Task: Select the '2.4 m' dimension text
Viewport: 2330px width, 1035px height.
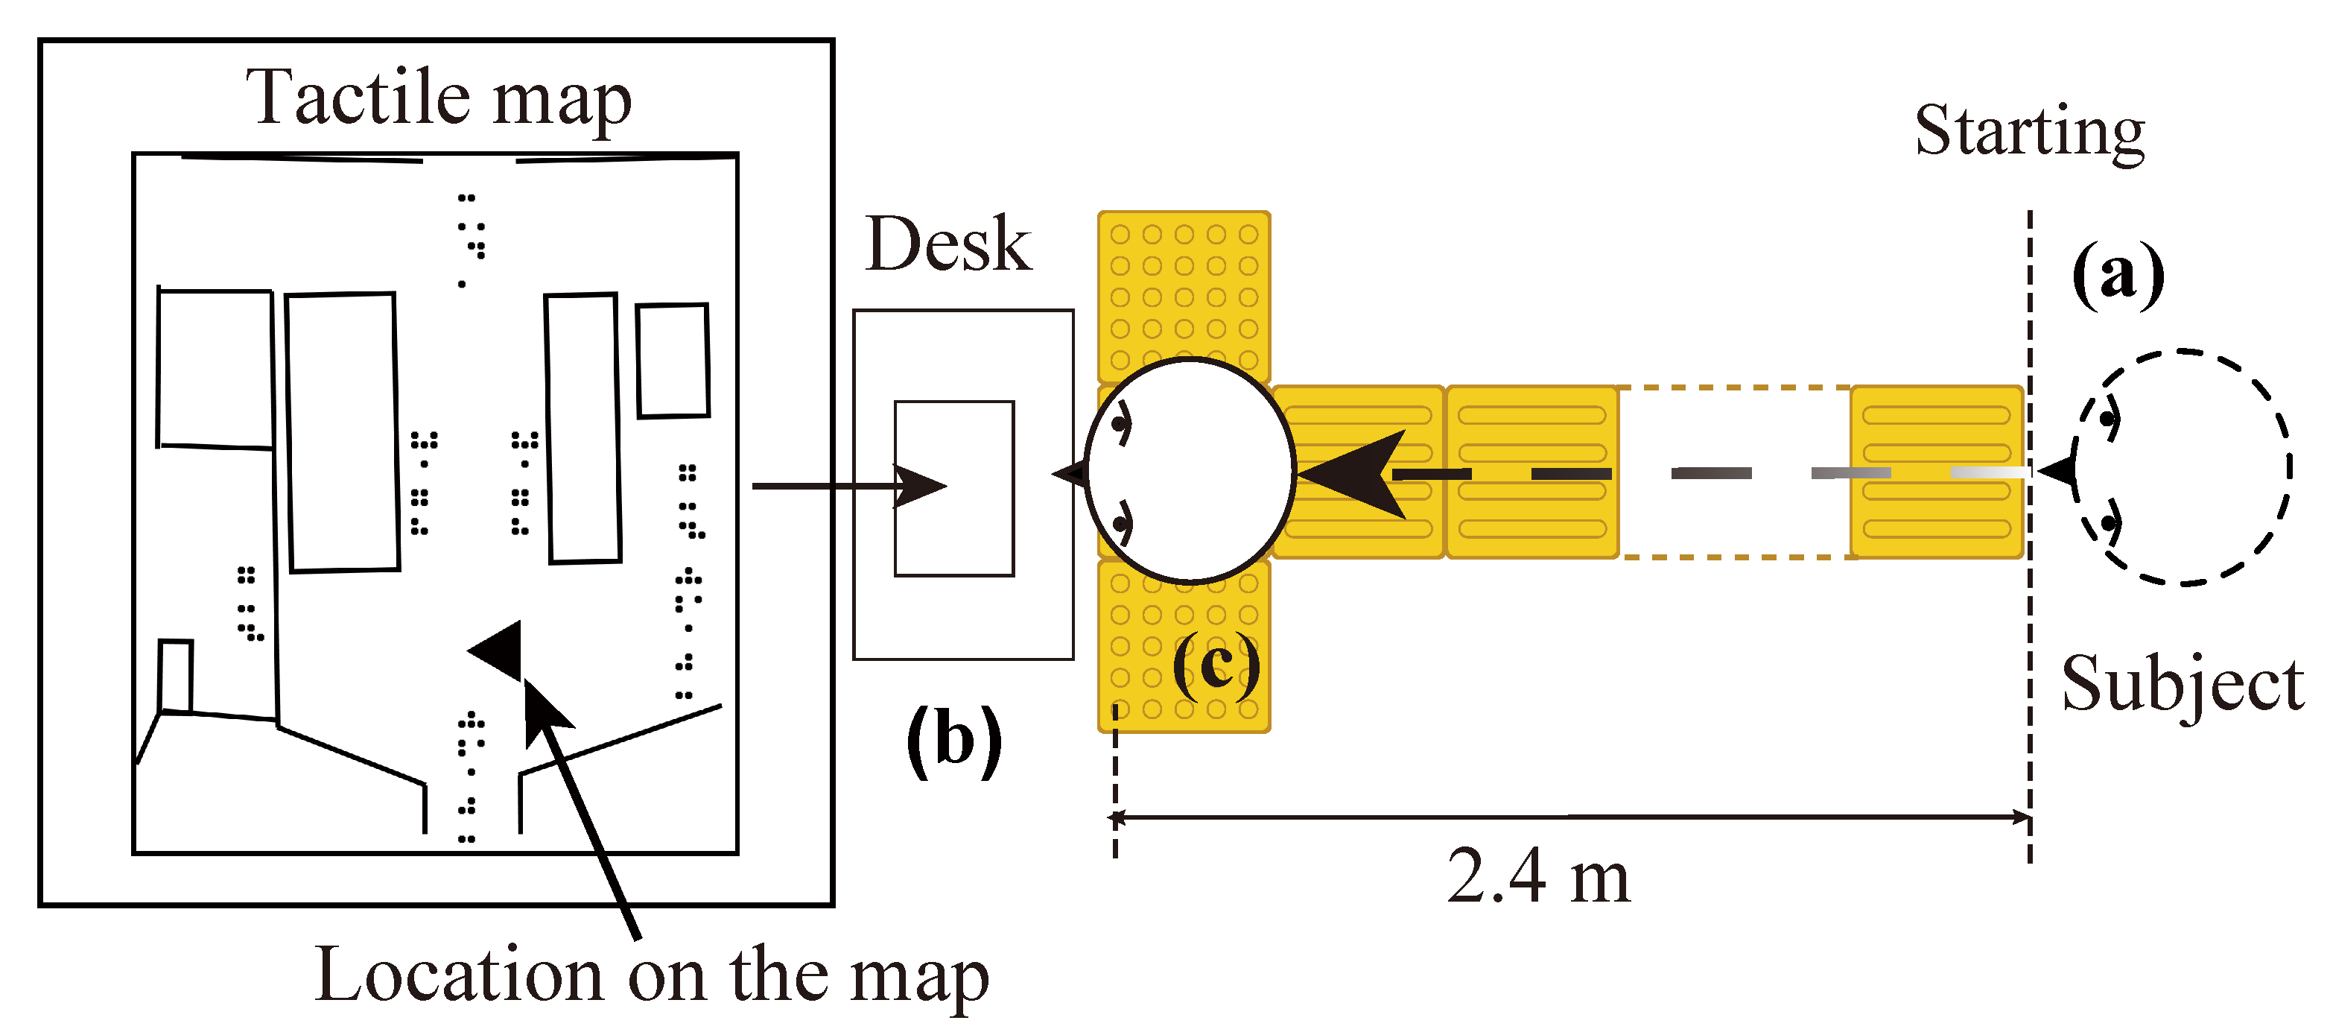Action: tap(1537, 877)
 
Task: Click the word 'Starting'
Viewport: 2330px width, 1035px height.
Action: tap(2030, 132)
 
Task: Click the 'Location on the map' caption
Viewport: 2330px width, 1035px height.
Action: tap(651, 976)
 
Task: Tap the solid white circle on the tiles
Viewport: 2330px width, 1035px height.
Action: tap(1190, 469)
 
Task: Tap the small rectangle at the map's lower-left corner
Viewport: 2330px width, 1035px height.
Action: tap(176, 676)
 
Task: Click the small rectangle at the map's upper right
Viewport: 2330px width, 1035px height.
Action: tap(672, 361)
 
